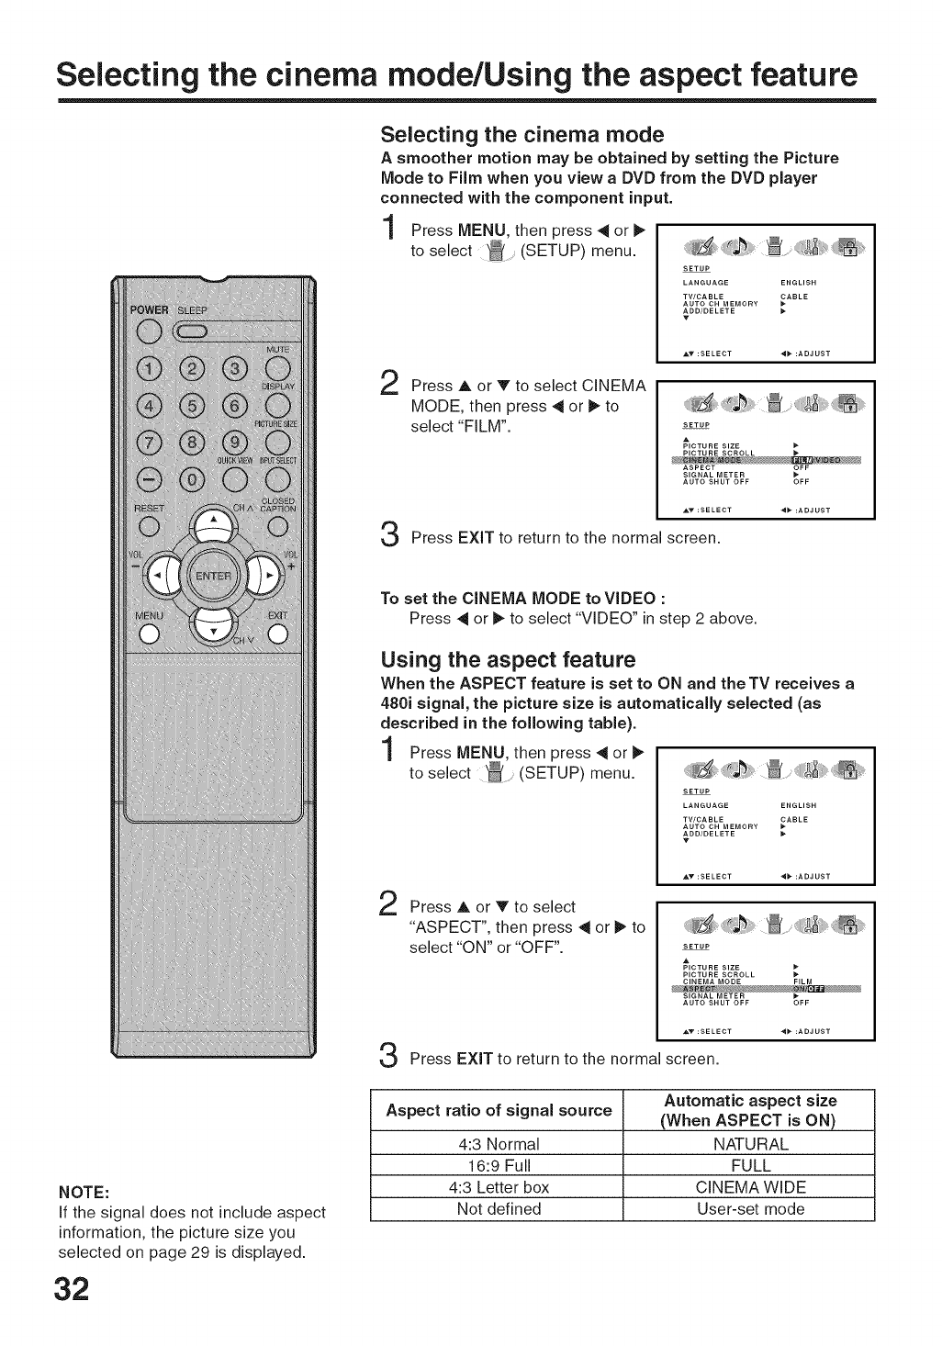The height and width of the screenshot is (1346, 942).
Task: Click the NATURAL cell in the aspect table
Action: [x=750, y=1144]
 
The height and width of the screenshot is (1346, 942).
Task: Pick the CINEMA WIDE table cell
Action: [x=750, y=1187]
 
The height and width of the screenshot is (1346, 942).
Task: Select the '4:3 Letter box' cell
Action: [x=498, y=1187]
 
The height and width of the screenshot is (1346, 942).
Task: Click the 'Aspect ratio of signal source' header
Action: [x=498, y=1110]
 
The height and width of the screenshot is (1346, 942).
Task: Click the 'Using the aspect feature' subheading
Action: [x=508, y=660]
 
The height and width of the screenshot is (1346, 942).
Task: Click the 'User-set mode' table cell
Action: [x=750, y=1209]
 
